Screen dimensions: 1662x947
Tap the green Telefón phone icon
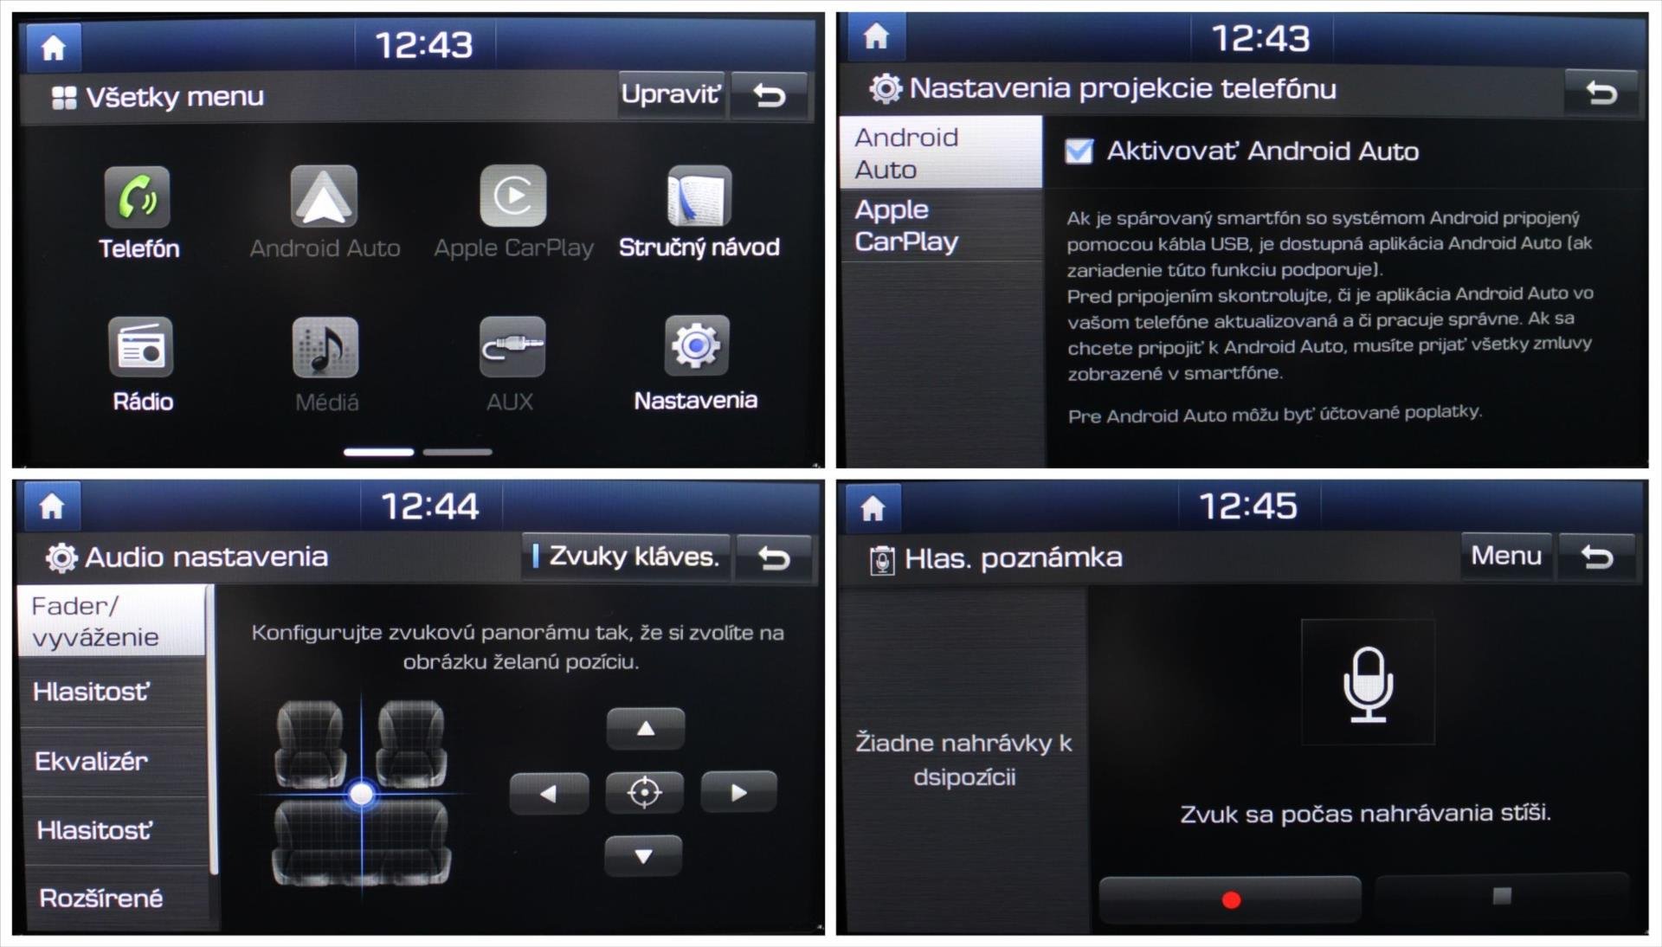138,197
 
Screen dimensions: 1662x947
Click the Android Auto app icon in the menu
324,196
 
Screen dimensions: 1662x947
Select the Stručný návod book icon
699,196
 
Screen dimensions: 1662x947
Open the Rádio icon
140,347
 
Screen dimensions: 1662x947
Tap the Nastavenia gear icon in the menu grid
696,345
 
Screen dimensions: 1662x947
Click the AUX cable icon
512,346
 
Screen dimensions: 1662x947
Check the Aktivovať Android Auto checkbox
1079,151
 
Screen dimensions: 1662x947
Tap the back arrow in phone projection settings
1601,92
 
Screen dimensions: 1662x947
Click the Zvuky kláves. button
626,557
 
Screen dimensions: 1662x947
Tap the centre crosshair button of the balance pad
644,792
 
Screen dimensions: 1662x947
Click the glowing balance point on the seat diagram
362,794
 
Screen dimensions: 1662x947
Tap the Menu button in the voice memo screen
1506,556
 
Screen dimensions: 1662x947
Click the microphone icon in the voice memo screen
1368,684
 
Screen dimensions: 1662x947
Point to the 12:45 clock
1247,506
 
